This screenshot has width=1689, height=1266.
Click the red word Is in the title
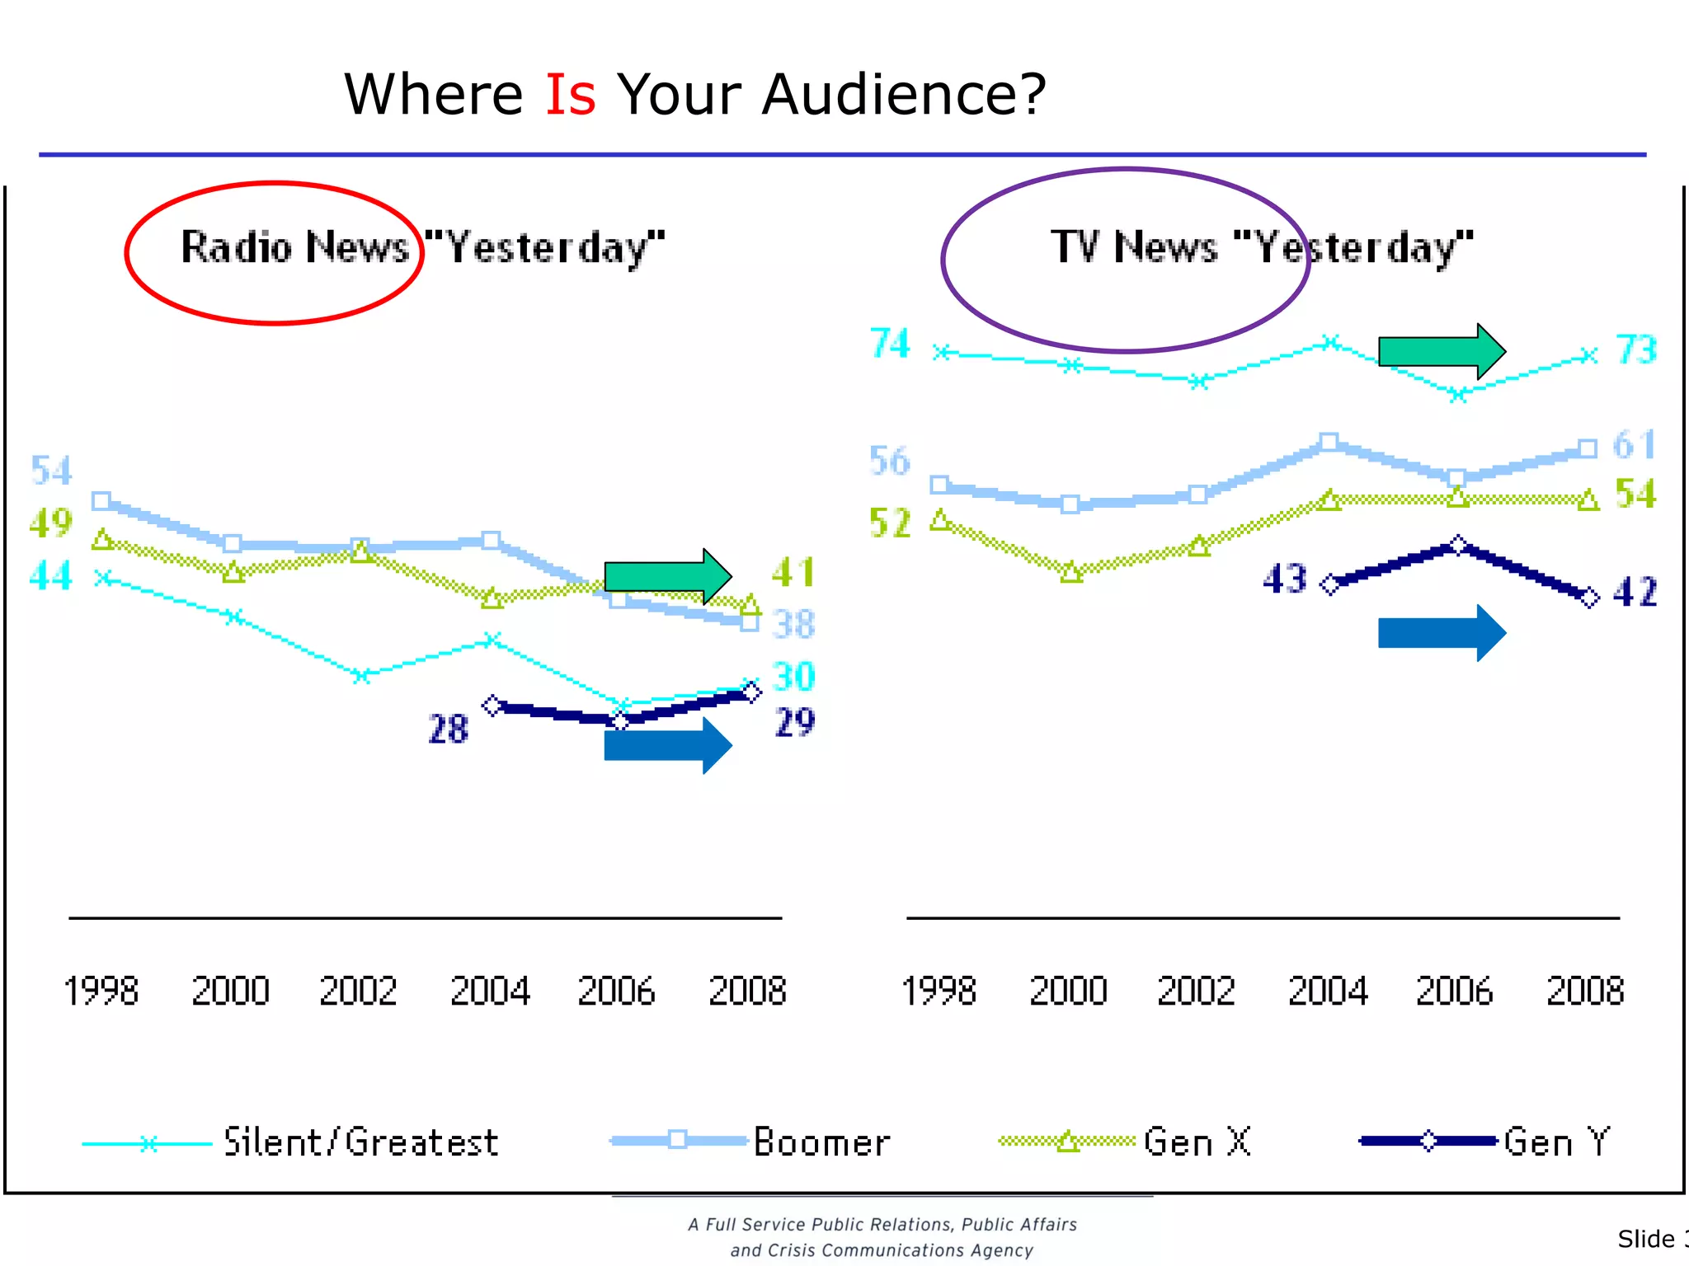pos(570,95)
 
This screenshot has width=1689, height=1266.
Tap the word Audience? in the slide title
pos(903,95)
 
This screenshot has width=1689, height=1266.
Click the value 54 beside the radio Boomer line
pos(51,471)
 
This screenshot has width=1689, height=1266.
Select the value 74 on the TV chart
pos(890,344)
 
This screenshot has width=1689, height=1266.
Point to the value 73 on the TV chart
pos(1636,350)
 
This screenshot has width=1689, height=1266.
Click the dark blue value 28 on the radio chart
pos(448,729)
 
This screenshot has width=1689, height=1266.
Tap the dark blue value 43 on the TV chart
pos(1285,579)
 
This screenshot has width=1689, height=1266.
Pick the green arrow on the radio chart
pos(667,576)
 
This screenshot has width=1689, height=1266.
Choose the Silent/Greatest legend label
pos(361,1142)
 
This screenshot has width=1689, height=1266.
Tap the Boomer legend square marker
pos(677,1140)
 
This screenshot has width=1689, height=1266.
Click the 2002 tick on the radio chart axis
pos(358,991)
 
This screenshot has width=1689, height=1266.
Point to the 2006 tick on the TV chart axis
pos(1454,991)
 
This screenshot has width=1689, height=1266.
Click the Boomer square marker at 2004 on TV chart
pos(1329,442)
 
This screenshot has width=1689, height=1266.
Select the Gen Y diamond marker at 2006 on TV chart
pos(1458,545)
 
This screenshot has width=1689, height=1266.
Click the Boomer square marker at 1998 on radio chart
pos(101,500)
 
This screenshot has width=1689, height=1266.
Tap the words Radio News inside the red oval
pos(294,247)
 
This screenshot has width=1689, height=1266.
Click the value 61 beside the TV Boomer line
pos(1634,445)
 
